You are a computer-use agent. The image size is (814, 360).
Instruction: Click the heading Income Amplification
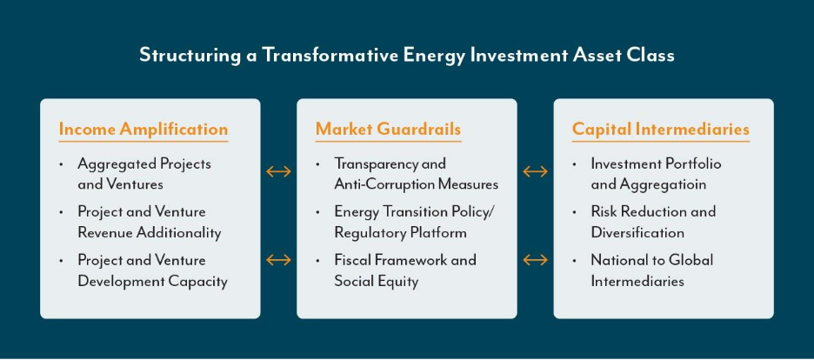click(143, 130)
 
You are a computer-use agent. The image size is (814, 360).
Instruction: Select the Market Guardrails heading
click(389, 130)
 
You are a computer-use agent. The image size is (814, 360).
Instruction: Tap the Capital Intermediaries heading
click(661, 130)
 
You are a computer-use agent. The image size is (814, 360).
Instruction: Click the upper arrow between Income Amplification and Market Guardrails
click(279, 171)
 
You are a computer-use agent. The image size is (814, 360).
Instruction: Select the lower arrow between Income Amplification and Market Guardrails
click(279, 259)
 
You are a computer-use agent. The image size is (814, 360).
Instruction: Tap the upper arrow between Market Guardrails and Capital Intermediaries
click(535, 171)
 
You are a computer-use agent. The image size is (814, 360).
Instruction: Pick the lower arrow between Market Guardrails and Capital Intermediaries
click(535, 259)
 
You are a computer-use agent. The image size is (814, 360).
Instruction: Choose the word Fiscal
click(351, 259)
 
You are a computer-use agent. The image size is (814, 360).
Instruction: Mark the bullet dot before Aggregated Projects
click(61, 164)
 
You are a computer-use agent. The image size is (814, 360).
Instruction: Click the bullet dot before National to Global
click(575, 260)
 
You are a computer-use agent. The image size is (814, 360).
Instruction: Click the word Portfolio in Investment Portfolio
click(695, 164)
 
